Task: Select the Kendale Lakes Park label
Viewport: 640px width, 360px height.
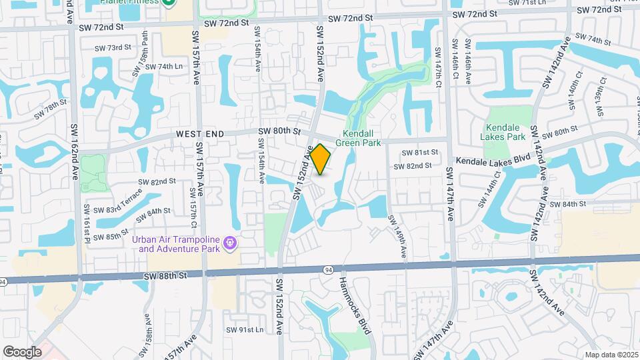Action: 506,132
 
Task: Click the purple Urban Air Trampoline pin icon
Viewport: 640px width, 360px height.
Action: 231,243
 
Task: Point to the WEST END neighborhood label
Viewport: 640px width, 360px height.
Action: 198,134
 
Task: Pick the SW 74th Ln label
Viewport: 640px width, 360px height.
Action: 164,67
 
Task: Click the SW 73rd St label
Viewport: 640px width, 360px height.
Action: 113,47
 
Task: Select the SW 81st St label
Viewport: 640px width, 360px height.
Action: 418,152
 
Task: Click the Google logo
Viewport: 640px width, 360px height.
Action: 22,351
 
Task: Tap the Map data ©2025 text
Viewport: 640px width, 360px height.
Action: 611,355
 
